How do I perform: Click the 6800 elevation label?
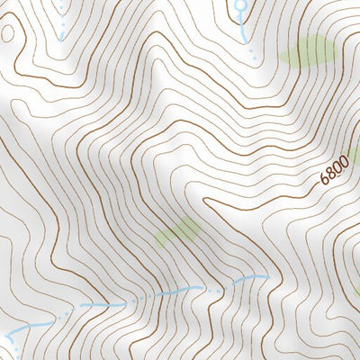[333, 168]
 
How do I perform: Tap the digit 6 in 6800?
[324, 178]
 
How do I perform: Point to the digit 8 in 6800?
[330, 171]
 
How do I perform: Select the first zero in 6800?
[337, 165]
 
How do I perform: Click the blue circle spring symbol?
[240, 8]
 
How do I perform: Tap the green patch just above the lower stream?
[177, 231]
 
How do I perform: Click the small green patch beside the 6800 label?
[354, 155]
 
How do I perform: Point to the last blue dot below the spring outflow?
[254, 57]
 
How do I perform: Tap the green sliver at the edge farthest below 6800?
[356, 292]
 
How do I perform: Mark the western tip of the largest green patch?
[281, 56]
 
